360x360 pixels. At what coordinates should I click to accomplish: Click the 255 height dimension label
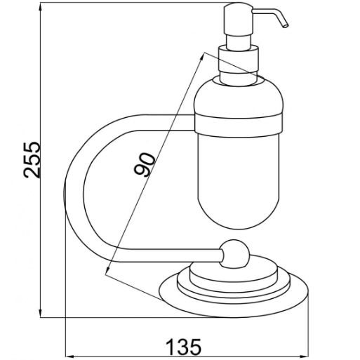[32, 160]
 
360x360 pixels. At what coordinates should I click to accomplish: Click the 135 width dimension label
[183, 347]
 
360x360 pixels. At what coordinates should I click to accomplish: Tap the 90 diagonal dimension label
[145, 164]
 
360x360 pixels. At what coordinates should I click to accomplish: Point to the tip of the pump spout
[286, 25]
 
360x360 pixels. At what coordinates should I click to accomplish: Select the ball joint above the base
[234, 253]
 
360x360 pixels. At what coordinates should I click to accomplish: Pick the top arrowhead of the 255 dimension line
[41, 8]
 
